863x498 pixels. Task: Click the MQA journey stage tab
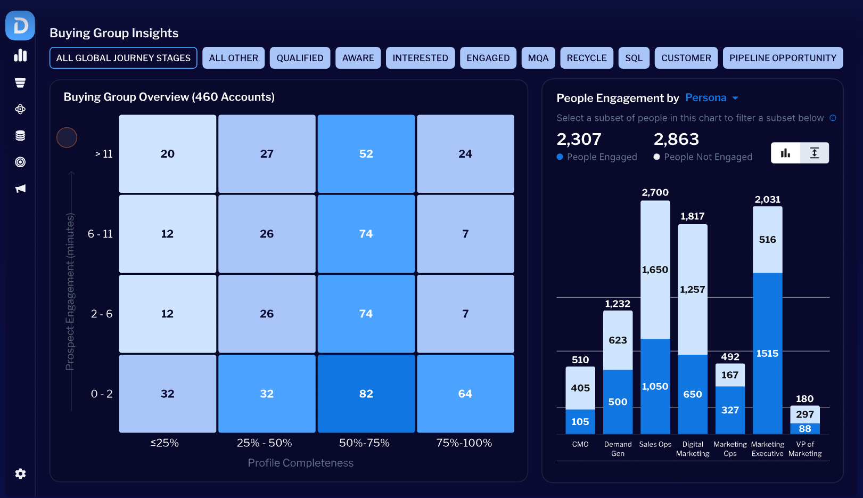[538, 58]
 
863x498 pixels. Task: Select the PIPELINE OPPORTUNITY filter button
[783, 58]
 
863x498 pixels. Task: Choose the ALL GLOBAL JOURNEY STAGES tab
[124, 58]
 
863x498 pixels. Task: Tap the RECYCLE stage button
[586, 58]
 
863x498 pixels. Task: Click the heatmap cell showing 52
[366, 153]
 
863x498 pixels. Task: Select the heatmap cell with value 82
[366, 394]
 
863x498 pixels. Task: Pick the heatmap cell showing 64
[465, 394]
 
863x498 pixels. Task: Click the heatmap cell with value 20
[168, 153]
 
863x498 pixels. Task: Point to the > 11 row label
[104, 154]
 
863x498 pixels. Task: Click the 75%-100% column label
[464, 443]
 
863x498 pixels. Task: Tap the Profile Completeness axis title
[300, 462]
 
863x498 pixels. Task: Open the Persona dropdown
[712, 98]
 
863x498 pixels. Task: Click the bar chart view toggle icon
[785, 153]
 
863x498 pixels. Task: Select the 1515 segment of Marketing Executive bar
[768, 354]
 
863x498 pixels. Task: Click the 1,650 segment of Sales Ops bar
[655, 270]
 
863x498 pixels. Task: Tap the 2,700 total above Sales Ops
[655, 192]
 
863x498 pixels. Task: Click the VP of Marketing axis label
[805, 448]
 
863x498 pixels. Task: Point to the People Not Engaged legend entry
[703, 157]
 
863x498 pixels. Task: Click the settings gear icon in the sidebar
[20, 473]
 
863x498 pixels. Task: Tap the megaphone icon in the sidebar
[20, 189]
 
